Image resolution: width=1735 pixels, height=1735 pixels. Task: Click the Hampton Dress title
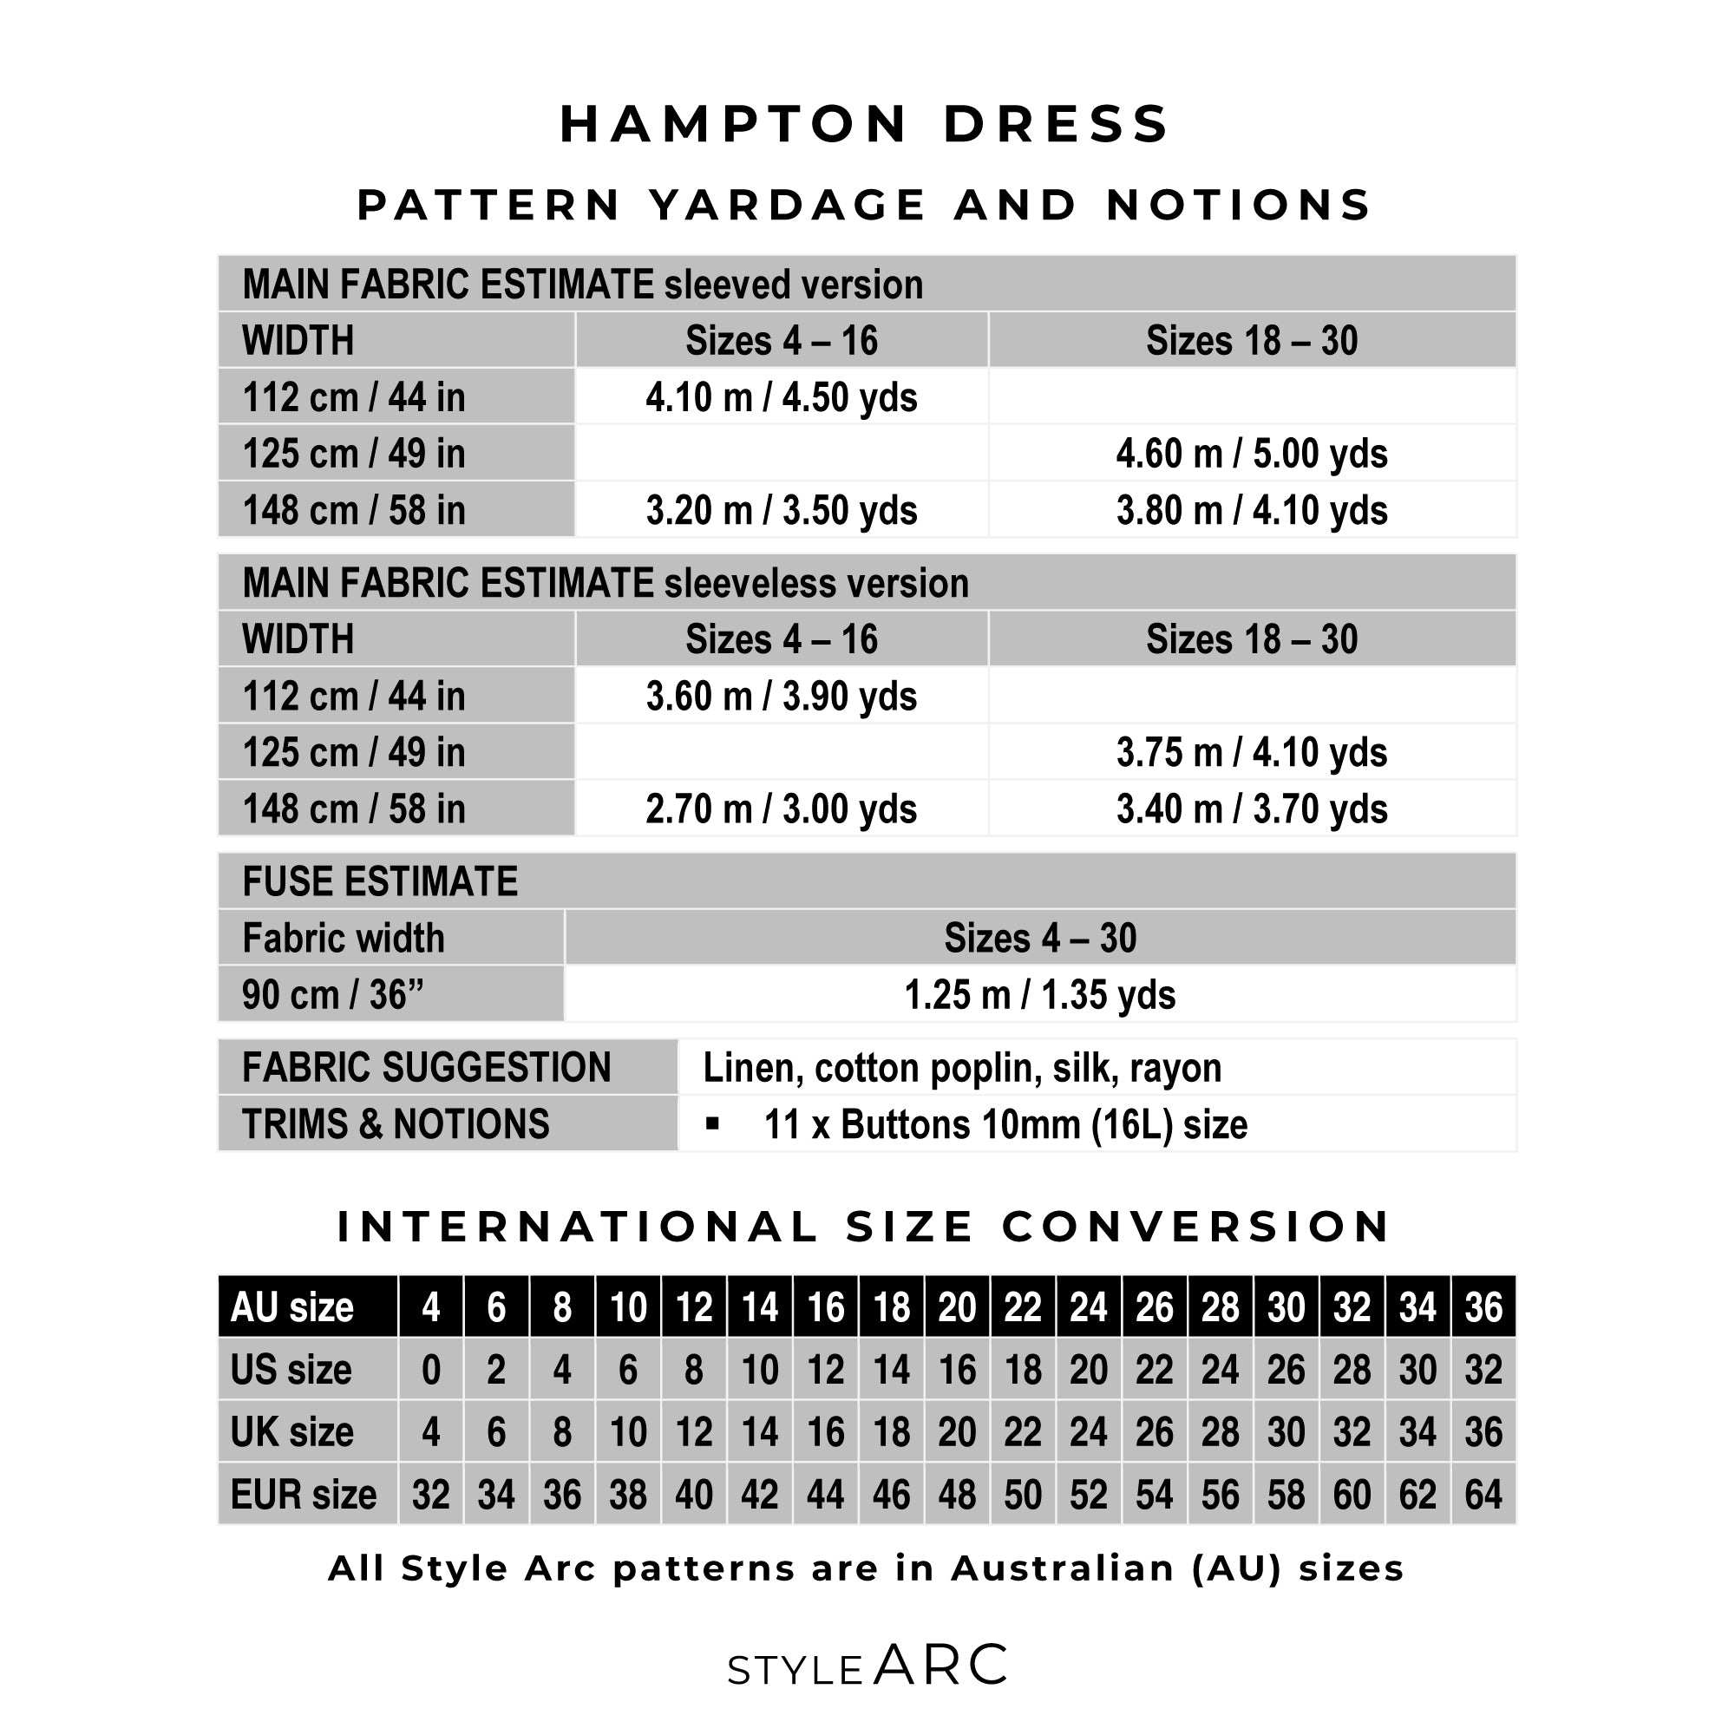[x=866, y=124]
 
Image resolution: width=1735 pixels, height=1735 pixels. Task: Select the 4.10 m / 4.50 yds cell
[x=782, y=397]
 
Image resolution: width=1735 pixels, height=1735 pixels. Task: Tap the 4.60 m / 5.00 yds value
[x=1252, y=454]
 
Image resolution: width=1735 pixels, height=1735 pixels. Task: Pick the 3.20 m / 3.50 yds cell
[x=782, y=510]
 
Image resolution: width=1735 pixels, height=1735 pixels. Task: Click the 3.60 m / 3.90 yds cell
[x=782, y=696]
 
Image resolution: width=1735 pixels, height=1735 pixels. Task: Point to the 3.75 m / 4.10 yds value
[x=1252, y=752]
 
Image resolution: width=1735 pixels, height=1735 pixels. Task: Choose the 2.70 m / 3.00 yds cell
[x=782, y=809]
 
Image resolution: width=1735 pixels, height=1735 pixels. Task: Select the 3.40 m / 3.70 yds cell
[x=1252, y=809]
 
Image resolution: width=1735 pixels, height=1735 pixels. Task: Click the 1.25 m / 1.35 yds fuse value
[x=1040, y=995]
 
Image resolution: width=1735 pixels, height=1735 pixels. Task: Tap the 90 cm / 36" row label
[x=332, y=995]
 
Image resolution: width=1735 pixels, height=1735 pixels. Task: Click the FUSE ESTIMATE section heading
[x=380, y=882]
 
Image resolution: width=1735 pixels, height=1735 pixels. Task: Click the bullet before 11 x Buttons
[x=712, y=1123]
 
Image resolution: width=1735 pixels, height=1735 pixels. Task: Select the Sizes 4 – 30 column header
[x=1040, y=939]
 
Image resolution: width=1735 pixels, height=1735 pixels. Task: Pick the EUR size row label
[x=304, y=1495]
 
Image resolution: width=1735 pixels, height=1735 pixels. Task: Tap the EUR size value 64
[x=1483, y=1495]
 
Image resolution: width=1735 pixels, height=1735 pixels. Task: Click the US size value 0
[x=431, y=1371]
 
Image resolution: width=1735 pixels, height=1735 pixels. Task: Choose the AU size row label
[x=291, y=1307]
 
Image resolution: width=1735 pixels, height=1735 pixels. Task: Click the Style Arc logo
[x=867, y=1666]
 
